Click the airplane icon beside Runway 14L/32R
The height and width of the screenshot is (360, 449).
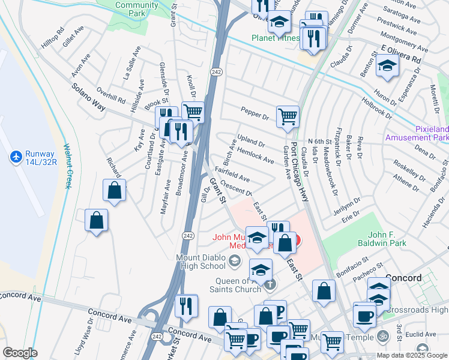(16, 157)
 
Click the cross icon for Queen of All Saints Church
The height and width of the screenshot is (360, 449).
(271, 284)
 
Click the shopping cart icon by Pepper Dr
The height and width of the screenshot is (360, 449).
(288, 116)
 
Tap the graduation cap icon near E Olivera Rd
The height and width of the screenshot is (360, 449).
(388, 65)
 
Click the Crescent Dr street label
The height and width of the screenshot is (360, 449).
(235, 188)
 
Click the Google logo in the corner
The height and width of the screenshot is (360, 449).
(20, 353)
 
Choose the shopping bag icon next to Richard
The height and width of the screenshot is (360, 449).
(114, 190)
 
